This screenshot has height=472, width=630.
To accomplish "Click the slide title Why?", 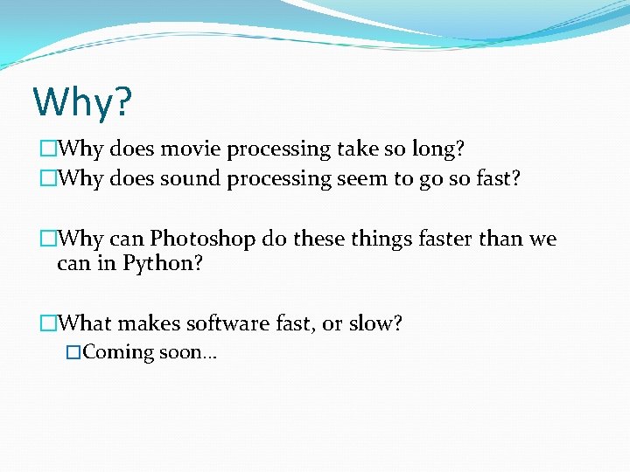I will click(82, 102).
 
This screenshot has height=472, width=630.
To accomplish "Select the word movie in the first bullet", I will click(191, 149).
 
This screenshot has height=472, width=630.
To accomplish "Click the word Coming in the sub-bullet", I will click(119, 352).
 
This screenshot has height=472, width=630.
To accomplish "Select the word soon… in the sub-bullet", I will click(187, 352).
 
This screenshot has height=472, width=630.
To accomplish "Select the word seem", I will click(360, 179).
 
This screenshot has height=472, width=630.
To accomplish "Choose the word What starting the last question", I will click(84, 323).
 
